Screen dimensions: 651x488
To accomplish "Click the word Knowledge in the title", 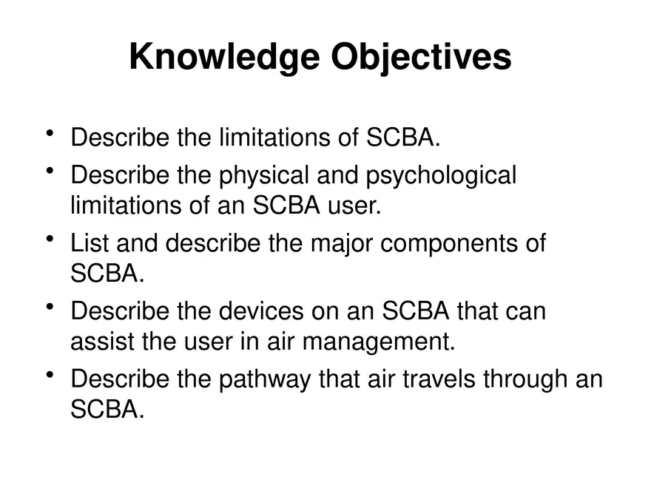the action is click(x=225, y=58).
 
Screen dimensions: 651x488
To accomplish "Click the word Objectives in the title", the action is click(x=421, y=58).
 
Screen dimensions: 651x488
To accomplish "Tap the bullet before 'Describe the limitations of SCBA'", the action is click(x=50, y=133).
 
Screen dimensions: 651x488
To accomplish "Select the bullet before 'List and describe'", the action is click(x=50, y=239).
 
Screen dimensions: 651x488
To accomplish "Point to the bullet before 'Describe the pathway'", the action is click(x=50, y=375).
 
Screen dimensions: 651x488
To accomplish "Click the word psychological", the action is click(x=441, y=176).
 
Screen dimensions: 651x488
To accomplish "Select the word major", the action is click(x=341, y=244).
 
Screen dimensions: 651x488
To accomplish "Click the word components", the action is click(x=449, y=245).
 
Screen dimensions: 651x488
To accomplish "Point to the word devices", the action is click(x=261, y=311).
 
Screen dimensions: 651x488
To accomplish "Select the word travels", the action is click(x=439, y=379).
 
